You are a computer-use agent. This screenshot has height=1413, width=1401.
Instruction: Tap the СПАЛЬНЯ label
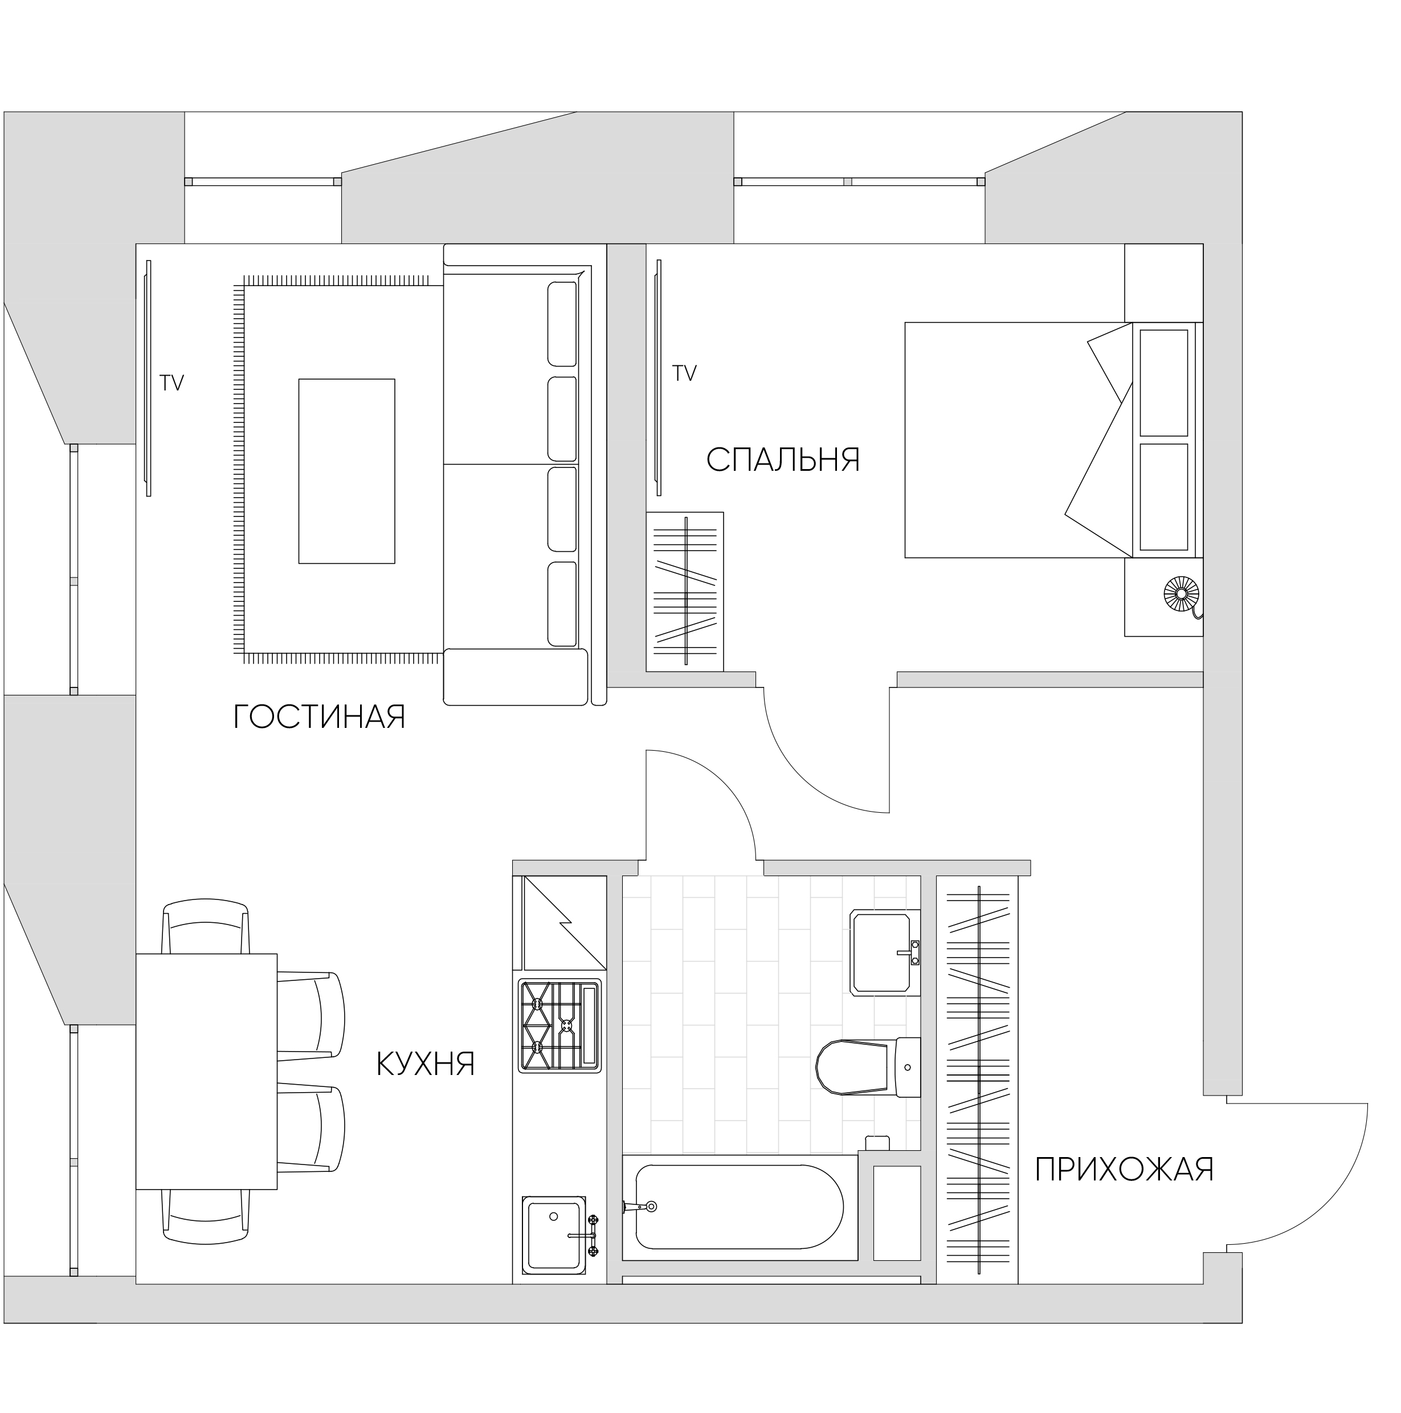tap(783, 459)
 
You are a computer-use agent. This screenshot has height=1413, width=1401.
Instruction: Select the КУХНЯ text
tap(426, 1064)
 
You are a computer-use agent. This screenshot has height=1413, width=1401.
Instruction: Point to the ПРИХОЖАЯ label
tap(1124, 1170)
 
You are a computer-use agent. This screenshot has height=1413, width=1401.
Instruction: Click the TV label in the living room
tap(172, 382)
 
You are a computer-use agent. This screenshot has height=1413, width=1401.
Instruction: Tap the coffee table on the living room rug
tap(346, 471)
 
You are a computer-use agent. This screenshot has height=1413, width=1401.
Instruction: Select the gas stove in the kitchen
tap(560, 1025)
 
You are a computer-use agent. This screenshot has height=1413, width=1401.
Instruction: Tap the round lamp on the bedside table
tap(1182, 594)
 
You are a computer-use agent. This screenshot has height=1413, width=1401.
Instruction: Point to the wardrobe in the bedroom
tap(685, 592)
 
